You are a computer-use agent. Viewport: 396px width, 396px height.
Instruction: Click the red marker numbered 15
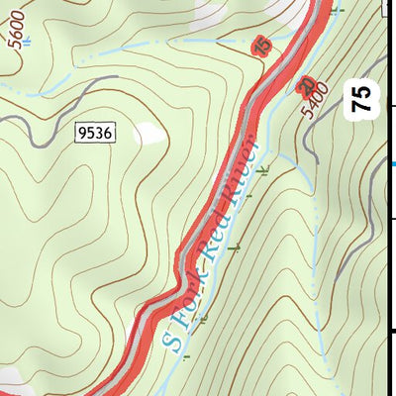261,47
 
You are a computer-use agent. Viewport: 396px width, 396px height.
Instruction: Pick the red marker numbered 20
305,87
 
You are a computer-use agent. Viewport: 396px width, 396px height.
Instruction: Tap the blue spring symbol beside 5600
26,43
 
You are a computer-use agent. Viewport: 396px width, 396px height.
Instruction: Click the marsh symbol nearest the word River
263,170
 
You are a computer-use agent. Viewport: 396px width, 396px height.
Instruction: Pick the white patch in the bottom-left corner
10,379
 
